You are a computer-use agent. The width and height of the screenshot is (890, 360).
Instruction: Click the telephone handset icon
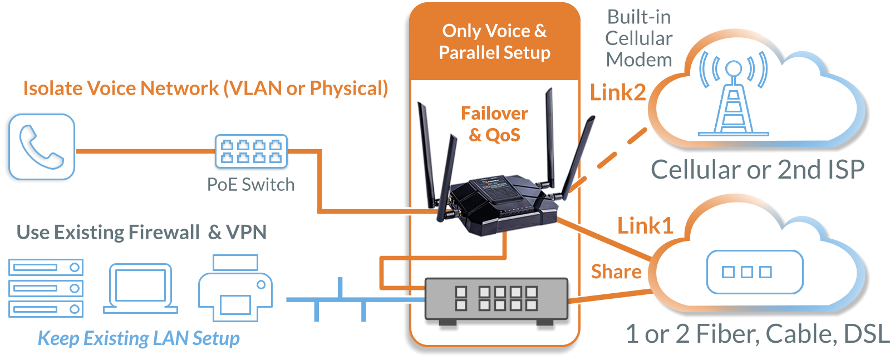[x=42, y=147]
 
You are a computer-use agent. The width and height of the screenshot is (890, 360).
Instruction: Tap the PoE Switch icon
[x=252, y=151]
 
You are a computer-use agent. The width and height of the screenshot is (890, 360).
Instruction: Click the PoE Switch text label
[x=251, y=184]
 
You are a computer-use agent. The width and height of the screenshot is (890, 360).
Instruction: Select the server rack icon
[x=45, y=288]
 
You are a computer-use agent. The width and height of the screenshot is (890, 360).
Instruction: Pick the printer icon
[x=234, y=288]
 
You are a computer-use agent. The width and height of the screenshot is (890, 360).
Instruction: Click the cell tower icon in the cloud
[x=734, y=95]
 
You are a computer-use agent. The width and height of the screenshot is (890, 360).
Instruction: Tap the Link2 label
[x=618, y=93]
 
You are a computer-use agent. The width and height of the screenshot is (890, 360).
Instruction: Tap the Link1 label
[x=645, y=226]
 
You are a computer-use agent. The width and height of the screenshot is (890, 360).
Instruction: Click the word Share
[x=616, y=272]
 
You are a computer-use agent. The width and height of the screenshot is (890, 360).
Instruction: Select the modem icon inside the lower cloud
[x=754, y=272]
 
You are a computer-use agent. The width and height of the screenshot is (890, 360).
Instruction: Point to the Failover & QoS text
[x=494, y=124]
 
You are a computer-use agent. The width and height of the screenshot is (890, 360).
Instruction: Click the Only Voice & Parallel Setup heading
[x=494, y=42]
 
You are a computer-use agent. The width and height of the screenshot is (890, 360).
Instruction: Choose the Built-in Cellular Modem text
[x=639, y=38]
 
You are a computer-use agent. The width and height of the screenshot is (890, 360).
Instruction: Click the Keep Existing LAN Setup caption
[x=139, y=338]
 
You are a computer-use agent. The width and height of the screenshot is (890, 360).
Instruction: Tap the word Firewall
[x=164, y=232]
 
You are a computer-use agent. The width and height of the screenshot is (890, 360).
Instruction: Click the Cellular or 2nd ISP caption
[x=758, y=170]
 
